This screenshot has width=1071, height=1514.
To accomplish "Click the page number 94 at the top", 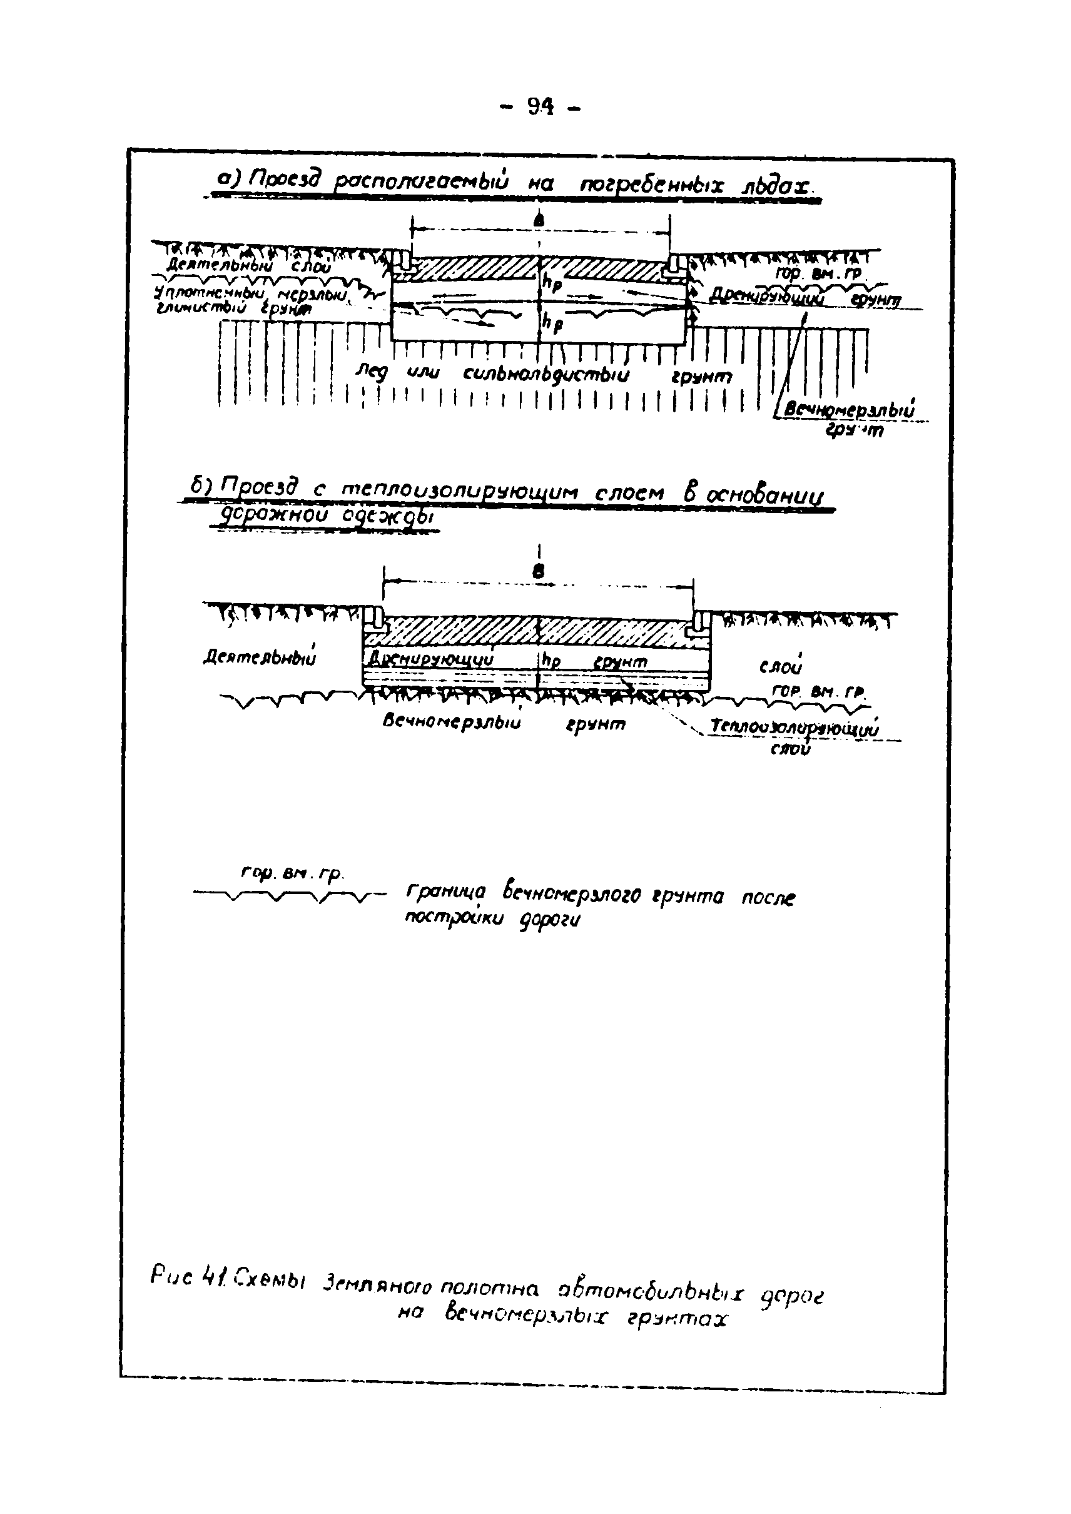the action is click(540, 106).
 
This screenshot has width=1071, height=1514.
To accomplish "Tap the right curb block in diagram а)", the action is click(677, 264).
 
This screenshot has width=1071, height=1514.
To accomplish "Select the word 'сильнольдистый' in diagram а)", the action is click(546, 375).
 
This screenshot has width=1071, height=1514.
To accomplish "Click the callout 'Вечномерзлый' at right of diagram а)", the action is click(849, 410).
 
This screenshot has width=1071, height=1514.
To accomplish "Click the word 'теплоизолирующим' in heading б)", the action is click(459, 491).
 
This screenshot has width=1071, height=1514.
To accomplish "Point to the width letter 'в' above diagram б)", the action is click(539, 572).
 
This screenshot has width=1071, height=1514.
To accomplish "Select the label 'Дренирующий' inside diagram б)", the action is click(430, 659).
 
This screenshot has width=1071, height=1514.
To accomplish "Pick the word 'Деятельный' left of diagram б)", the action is click(259, 658).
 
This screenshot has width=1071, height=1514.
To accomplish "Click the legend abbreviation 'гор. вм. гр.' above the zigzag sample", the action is click(292, 875).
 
